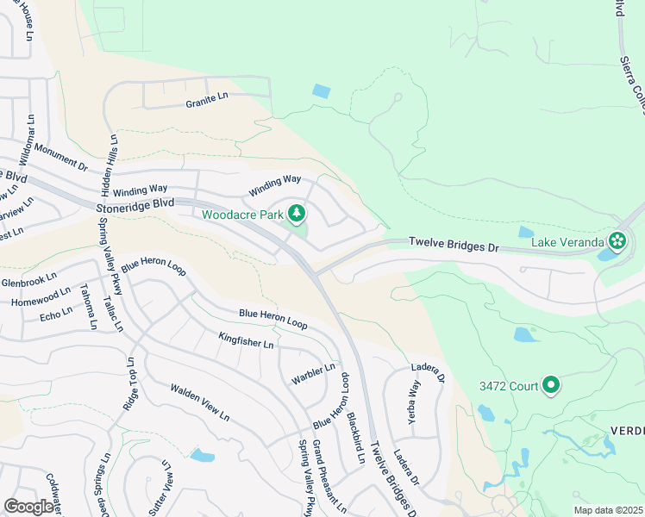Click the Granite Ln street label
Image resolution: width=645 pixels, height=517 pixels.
click(x=207, y=102)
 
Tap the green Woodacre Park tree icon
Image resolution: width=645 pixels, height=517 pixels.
click(x=297, y=213)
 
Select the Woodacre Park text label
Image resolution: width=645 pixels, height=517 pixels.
click(x=242, y=214)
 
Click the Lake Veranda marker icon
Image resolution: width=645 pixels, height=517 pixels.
click(x=617, y=240)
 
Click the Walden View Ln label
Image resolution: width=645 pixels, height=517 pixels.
click(x=199, y=402)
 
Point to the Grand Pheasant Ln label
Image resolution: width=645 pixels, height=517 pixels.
click(x=329, y=475)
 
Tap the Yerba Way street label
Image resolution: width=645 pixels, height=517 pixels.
click(x=414, y=399)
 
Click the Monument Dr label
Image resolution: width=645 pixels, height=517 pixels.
click(x=61, y=152)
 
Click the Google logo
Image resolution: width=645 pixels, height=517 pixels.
click(x=29, y=506)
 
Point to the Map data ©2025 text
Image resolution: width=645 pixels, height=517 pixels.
click(x=608, y=510)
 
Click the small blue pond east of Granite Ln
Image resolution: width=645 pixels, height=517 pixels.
click(x=321, y=90)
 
